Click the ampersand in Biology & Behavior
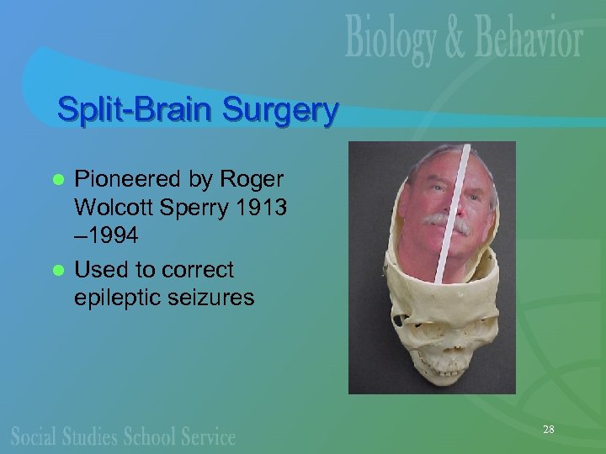(x=460, y=40)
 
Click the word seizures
(x=213, y=297)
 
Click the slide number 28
(x=548, y=430)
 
